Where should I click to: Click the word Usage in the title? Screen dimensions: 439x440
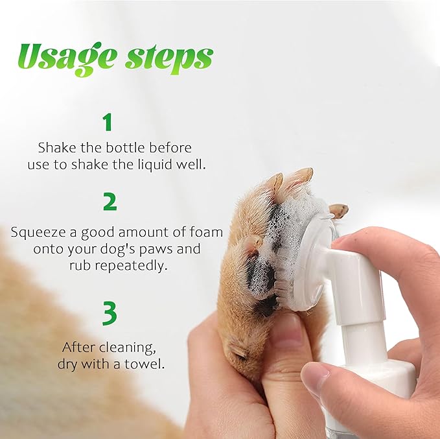coord(62,58)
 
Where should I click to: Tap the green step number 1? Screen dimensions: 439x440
coord(108,123)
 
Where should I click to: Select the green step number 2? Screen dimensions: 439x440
coord(110,202)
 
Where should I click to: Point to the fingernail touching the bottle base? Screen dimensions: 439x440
coord(316,376)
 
